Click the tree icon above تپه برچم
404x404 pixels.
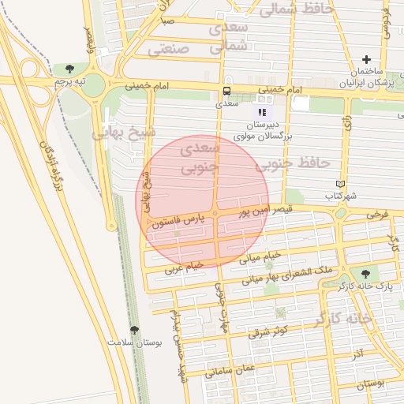pyautogui.click(x=70, y=69)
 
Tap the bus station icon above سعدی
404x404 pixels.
pyautogui.click(x=227, y=91)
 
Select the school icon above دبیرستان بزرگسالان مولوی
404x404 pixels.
pyautogui.click(x=263, y=113)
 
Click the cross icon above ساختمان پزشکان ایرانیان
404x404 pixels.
pyautogui.click(x=366, y=60)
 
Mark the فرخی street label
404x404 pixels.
pyautogui.click(x=378, y=214)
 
